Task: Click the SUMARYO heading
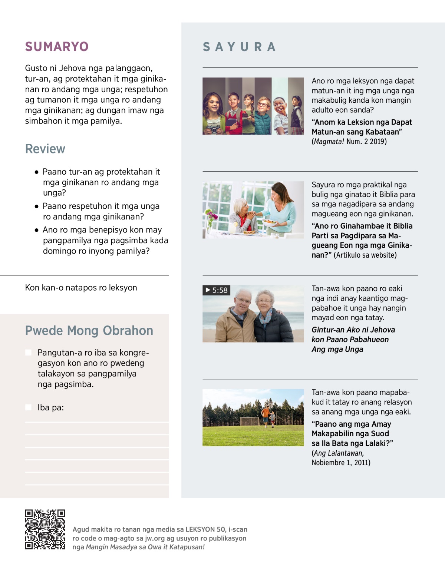pos(57,47)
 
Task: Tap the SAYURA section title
pos(239,47)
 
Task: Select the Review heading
pos(45,149)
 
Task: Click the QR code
pos(45,529)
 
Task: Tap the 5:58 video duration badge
pos(217,290)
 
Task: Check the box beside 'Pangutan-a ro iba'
pos(29,353)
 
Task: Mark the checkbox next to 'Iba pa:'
pos(29,407)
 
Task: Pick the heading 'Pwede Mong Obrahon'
pos(89,331)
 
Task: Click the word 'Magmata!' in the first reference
pos(329,142)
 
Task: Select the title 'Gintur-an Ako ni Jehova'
pos(353,330)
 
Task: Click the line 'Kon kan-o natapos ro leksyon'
pos(81,288)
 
